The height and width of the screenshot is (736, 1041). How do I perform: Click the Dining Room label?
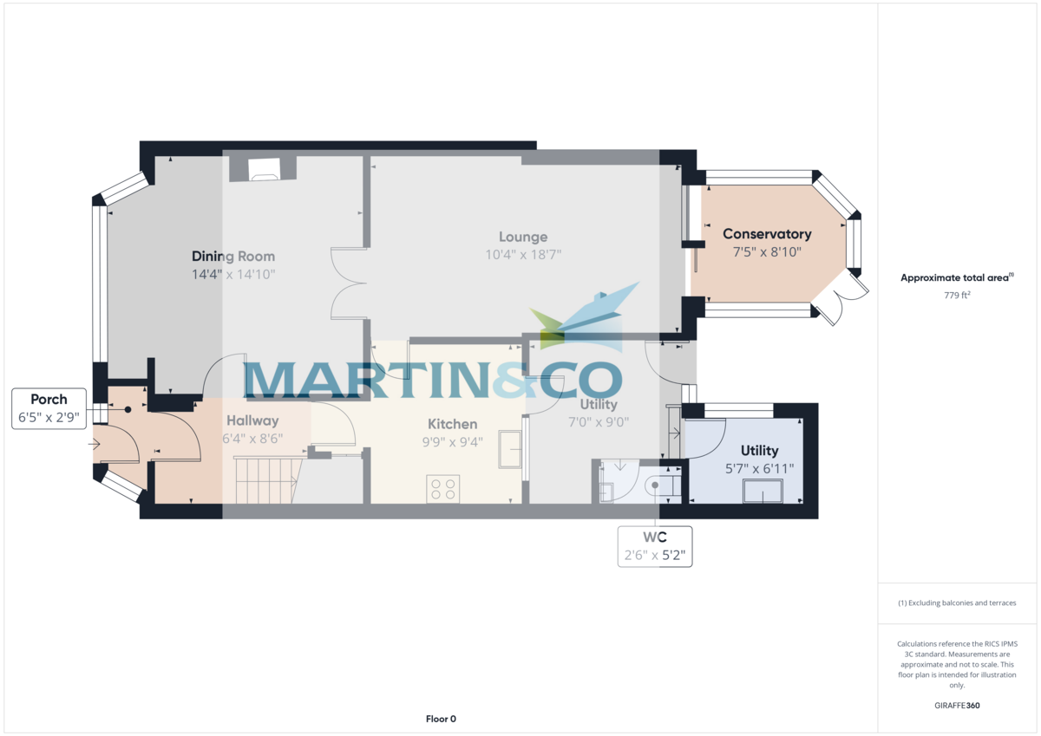point(233,257)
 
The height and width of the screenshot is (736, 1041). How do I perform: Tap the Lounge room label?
point(523,237)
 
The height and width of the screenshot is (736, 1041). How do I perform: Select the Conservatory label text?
point(767,234)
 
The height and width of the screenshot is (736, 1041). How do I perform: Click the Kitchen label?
point(453,424)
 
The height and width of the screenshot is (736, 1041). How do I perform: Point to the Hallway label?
point(252,420)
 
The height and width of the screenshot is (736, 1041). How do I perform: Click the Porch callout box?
point(49,407)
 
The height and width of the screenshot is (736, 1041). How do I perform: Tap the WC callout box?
point(655,546)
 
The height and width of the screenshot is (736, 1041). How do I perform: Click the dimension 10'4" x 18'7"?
point(523,255)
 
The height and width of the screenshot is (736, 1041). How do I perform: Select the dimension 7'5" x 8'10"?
point(767,252)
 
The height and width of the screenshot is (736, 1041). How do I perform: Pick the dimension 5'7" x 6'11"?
point(759,468)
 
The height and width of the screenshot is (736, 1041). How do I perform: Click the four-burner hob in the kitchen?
point(443,489)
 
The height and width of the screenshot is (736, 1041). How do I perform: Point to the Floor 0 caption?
point(441,719)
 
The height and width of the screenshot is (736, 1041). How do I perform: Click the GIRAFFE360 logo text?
point(957,706)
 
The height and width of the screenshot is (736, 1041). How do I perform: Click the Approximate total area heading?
point(957,278)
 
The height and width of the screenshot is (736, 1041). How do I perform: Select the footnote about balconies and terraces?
point(957,602)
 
